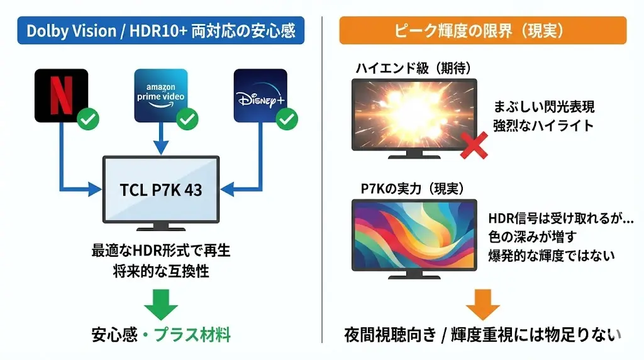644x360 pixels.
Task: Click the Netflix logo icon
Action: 61,95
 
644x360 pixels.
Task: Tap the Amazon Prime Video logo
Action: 161,95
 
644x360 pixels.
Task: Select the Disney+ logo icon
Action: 260,95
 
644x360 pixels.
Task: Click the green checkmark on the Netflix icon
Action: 87,118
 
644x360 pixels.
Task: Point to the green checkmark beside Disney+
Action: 287,118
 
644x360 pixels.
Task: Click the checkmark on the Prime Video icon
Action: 187,118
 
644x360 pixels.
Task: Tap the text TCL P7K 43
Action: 161,189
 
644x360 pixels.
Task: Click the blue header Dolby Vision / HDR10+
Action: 161,30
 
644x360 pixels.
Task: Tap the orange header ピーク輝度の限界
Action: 482,30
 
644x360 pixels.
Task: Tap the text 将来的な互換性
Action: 161,271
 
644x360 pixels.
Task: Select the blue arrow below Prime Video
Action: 161,140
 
